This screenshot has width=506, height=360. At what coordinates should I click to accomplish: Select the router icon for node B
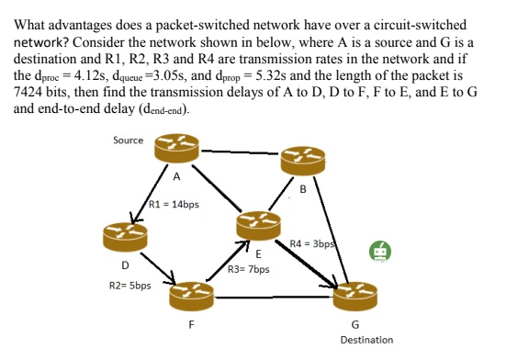tap(302, 162)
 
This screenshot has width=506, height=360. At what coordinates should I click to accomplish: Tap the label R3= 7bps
tap(248, 271)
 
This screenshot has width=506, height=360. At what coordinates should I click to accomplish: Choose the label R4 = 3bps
tap(310, 243)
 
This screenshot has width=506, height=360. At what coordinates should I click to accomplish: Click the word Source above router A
tap(128, 140)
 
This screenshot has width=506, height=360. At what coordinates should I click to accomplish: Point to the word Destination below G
tap(365, 340)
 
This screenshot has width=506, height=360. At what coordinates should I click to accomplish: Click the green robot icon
tap(379, 252)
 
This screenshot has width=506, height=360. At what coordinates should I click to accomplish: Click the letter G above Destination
tap(355, 324)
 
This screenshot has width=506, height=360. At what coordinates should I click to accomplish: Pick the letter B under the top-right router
tap(303, 190)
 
